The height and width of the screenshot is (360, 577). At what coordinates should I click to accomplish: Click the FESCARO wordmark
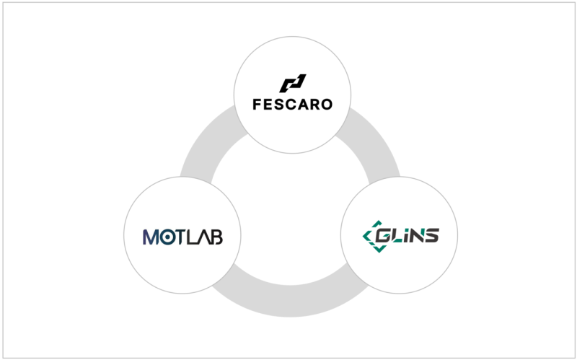point(293,104)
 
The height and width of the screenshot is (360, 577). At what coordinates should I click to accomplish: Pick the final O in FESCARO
point(327,104)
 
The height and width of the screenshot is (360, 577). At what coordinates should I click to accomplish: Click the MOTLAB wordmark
point(182,236)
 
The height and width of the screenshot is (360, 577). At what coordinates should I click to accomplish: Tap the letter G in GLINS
point(382,235)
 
